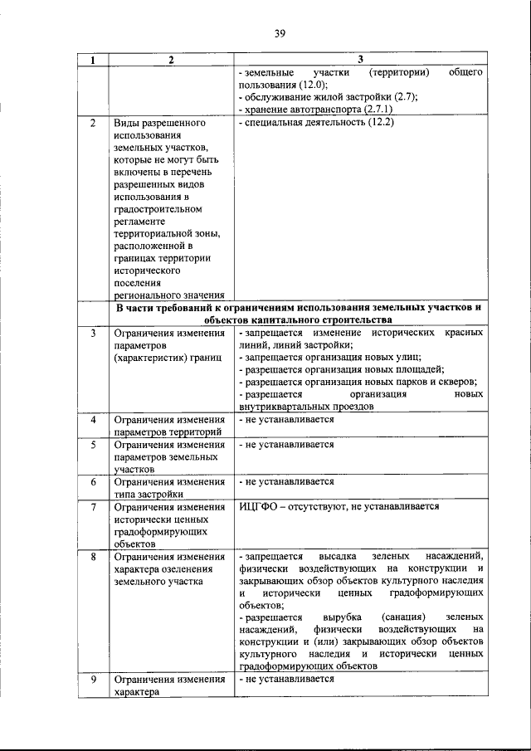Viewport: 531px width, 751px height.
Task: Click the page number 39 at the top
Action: pos(280,33)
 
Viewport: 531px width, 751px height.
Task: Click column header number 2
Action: pos(170,61)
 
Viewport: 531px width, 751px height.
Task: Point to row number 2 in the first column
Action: pos(93,123)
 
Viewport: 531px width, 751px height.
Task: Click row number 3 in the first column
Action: pos(93,333)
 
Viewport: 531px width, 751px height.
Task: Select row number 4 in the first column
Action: pos(93,419)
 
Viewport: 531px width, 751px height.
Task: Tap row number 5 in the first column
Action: pos(93,444)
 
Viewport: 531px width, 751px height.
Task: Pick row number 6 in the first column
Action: pos(93,481)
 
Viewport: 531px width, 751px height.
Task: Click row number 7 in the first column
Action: pos(93,506)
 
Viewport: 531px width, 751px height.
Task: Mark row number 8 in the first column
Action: pos(93,556)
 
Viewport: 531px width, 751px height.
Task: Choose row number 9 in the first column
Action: pos(93,679)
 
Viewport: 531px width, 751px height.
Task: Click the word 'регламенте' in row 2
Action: pos(139,222)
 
